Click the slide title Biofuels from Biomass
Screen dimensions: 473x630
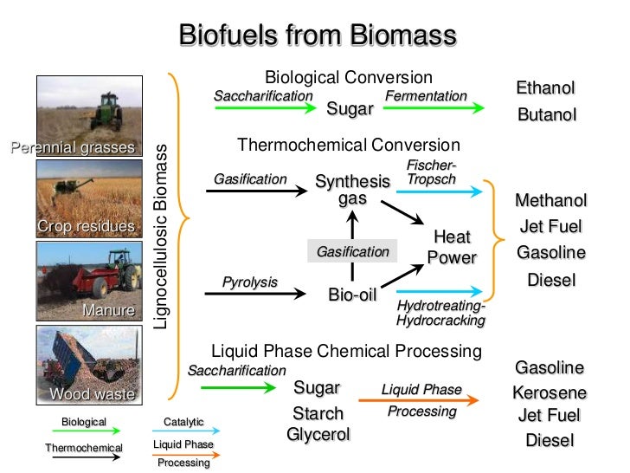pyautogui.click(x=315, y=36)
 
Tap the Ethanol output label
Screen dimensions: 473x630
pyautogui.click(x=545, y=88)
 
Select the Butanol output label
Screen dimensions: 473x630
pyautogui.click(x=546, y=115)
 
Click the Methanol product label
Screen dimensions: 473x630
pyautogui.click(x=550, y=201)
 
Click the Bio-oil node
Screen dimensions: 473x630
pyautogui.click(x=352, y=295)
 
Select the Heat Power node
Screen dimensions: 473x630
pyautogui.click(x=452, y=247)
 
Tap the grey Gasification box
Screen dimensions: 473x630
pyautogui.click(x=352, y=251)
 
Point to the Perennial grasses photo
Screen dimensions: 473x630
pyautogui.click(x=83, y=113)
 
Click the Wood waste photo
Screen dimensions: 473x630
pyautogui.click(x=83, y=365)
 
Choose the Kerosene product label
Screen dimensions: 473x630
pyautogui.click(x=550, y=392)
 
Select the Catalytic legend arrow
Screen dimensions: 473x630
pyautogui.click(x=184, y=431)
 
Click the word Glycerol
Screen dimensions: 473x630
pyautogui.click(x=318, y=434)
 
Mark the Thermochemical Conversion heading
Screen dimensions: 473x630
pyautogui.click(x=349, y=145)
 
